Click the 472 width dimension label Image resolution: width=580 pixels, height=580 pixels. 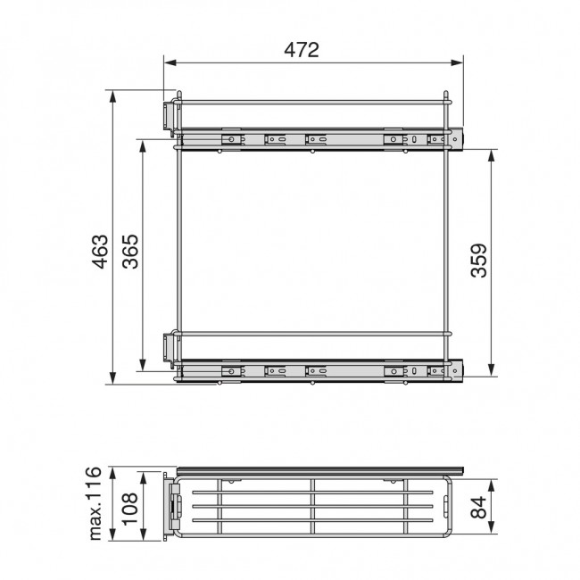coord(302,51)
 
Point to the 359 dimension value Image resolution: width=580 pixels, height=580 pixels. coord(479,261)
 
